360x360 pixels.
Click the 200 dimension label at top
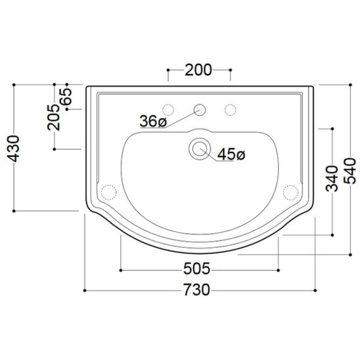click(x=198, y=70)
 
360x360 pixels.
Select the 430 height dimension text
click(x=13, y=148)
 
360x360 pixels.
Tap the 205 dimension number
click(x=53, y=118)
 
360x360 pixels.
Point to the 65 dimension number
click(x=66, y=97)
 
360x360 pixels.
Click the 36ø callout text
click(x=153, y=121)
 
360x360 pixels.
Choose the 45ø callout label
click(x=231, y=154)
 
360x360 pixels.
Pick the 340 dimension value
click(x=332, y=179)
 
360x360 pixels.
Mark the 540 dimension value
click(x=349, y=171)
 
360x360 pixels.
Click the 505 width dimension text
click(x=197, y=269)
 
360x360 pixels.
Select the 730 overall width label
click(x=197, y=290)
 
